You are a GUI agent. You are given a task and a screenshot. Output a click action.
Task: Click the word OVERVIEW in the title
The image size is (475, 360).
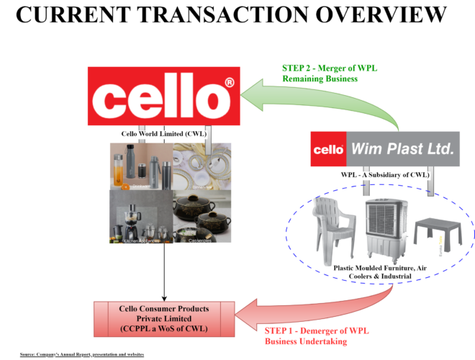pyautogui.click(x=381, y=14)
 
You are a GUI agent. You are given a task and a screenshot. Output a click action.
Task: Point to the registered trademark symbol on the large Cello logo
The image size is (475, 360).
pyautogui.click(x=229, y=84)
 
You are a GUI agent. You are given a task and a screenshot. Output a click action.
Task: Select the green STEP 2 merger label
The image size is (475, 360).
pyautogui.click(x=330, y=73)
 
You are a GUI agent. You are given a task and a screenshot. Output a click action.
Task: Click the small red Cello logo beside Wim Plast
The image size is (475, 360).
pyautogui.click(x=328, y=150)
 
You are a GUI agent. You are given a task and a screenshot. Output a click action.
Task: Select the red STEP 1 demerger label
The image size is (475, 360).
pyautogui.click(x=307, y=336)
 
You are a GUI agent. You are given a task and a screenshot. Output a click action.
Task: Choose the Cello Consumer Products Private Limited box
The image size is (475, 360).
pyautogui.click(x=164, y=318)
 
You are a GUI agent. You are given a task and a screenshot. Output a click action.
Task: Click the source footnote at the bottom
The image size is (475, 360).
pyautogui.click(x=81, y=354)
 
